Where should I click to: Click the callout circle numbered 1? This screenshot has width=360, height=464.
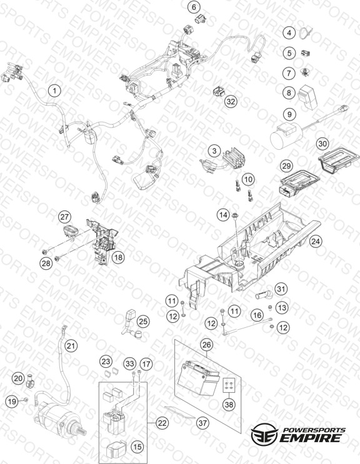54,91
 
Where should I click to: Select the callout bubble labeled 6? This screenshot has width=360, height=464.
194,7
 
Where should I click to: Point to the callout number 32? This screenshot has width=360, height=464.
231,101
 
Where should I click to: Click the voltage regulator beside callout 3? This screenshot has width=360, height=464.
234,159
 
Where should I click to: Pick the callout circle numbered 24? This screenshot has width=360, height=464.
316,241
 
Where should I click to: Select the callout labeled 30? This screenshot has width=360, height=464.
322,144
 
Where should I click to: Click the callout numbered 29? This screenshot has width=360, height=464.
286,165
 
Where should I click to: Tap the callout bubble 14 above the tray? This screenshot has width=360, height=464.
224,215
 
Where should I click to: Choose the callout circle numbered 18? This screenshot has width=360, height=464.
118,257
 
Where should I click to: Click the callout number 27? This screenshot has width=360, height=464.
64,217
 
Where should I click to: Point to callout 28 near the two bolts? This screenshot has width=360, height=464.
46,262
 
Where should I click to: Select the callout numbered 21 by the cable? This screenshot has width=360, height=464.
71,345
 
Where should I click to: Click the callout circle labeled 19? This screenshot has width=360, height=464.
12,402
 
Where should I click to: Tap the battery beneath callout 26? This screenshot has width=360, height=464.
197,377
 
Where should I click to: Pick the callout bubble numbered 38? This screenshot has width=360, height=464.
229,404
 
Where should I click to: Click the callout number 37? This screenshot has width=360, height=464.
202,423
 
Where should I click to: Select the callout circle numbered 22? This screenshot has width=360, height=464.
162,423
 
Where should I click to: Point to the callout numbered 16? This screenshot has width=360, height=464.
257,315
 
